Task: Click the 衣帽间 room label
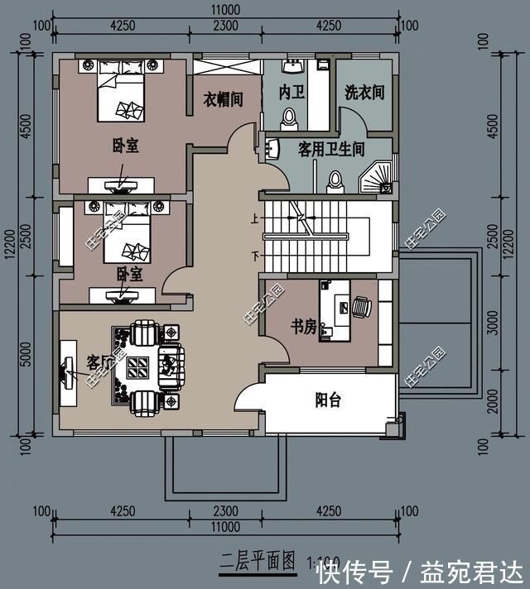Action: point(224,99)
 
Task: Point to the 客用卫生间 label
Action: point(331,150)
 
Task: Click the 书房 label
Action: point(303,327)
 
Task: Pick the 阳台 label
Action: point(328,400)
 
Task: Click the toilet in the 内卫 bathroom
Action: point(288,121)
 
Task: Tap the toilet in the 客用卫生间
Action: point(335,180)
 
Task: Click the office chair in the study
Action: point(362,307)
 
